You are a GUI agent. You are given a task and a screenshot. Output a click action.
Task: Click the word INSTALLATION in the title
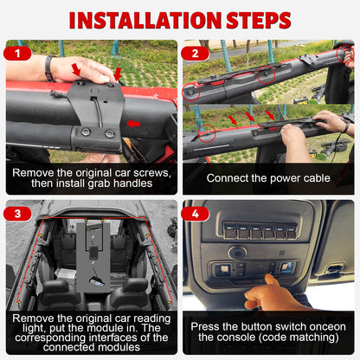tap(145, 21)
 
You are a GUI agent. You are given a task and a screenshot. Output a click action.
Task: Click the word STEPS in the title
tap(259, 21)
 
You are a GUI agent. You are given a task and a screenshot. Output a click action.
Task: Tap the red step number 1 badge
tap(17, 54)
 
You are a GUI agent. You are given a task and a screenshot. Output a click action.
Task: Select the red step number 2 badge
tap(195, 54)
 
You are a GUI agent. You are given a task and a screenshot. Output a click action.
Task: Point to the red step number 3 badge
tap(17, 214)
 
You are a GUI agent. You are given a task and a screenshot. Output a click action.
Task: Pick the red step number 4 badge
tap(195, 214)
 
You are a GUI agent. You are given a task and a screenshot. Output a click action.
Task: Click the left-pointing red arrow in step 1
tap(133, 124)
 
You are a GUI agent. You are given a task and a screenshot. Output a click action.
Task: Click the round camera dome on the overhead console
tap(238, 253)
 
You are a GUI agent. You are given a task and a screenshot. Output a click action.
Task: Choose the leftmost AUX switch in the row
tap(230, 231)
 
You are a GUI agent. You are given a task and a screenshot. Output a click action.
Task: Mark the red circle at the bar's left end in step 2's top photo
tap(191, 92)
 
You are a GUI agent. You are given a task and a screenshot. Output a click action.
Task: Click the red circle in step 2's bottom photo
tap(207, 133)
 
